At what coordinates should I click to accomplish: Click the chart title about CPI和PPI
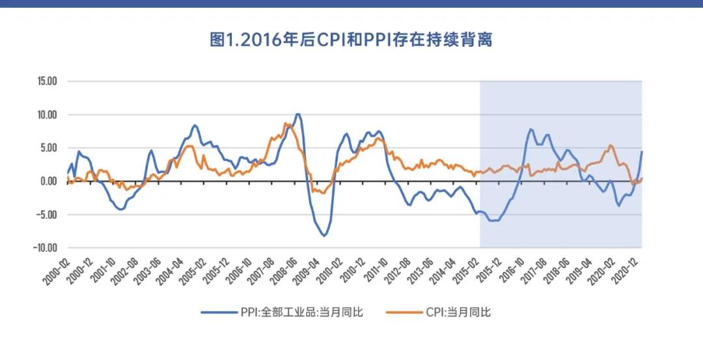click(x=351, y=40)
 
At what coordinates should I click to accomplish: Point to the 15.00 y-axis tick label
click(x=47, y=81)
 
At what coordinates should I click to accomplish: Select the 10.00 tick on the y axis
click(x=47, y=115)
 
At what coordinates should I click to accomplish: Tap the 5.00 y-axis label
click(x=49, y=148)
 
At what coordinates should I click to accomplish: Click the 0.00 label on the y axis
click(x=49, y=181)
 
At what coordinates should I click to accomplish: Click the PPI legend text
click(x=301, y=312)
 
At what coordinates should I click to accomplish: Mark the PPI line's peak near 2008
click(x=297, y=114)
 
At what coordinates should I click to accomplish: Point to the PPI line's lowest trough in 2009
click(x=324, y=236)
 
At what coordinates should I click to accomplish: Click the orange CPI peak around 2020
click(x=610, y=145)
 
